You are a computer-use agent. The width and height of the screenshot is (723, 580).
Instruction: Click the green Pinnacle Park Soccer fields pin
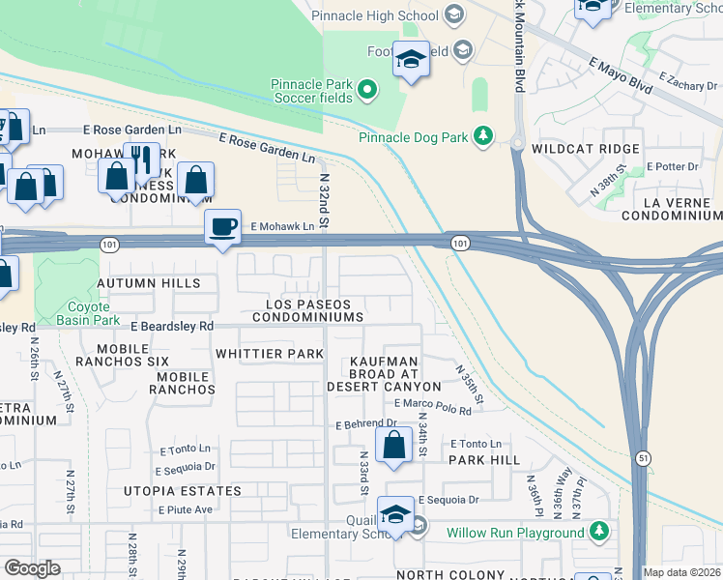366,91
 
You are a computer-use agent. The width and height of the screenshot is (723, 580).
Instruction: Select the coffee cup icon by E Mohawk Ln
223,226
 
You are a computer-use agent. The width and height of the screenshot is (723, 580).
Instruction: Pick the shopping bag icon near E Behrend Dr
393,447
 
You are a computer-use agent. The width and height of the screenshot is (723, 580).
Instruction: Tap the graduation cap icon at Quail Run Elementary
395,514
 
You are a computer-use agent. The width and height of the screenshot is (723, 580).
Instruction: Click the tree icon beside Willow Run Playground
599,532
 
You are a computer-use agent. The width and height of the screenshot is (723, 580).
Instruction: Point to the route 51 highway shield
643,456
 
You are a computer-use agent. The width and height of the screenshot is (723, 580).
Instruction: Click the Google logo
32,568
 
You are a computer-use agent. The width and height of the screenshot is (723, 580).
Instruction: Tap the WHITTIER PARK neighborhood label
270,354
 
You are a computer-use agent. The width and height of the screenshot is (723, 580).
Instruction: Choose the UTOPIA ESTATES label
183,491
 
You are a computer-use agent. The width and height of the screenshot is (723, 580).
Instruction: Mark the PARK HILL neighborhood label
484,460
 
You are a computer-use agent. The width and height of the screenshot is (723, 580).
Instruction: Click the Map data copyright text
682,572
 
